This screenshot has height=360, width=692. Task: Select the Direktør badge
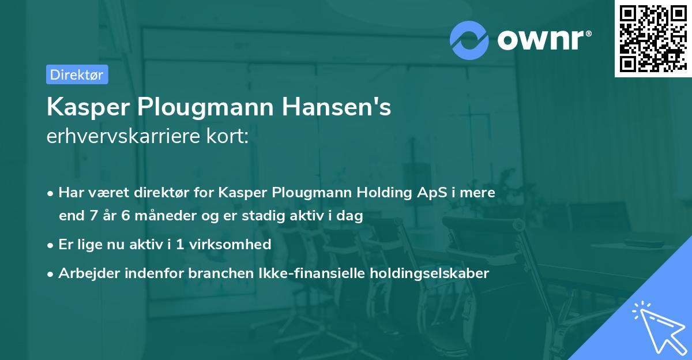[77, 74]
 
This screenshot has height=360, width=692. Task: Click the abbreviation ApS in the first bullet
[428, 193]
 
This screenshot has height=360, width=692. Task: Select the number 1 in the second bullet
[180, 244]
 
